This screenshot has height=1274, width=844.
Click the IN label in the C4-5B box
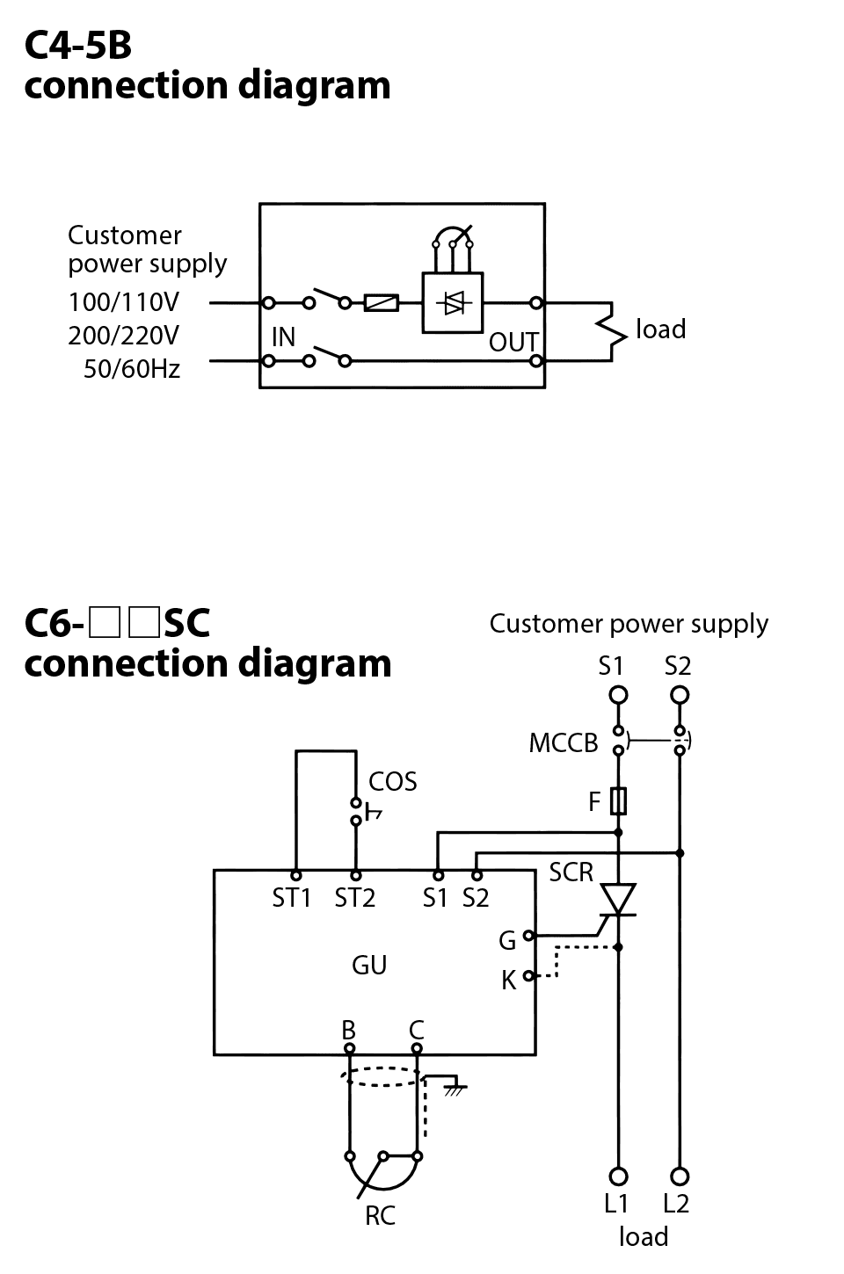pos(283,337)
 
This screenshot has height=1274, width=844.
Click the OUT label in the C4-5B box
pos(513,342)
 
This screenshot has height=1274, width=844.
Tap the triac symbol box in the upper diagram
pos(453,303)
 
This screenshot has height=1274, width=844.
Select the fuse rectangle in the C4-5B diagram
pos(381,303)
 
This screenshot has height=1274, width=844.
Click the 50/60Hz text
pos(132,369)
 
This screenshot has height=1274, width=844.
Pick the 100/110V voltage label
pos(124,302)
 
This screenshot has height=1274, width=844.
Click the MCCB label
pos(563,743)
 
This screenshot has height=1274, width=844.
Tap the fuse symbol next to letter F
pos(619,800)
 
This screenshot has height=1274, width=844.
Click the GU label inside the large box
pos(369,965)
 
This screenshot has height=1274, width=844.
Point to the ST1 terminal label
pos(292,899)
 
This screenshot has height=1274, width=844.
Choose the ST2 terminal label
pos(354,899)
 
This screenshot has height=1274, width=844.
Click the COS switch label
pos(392,782)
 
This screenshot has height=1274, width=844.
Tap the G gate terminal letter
pos(507,941)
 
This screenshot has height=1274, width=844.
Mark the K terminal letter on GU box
pos(508,981)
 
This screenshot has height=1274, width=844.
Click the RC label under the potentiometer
pos(381,1216)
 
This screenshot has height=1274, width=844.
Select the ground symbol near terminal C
pos(454,1086)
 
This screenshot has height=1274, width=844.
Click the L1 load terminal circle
pos(619,1176)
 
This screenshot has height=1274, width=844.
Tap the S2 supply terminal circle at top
pos(679,695)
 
